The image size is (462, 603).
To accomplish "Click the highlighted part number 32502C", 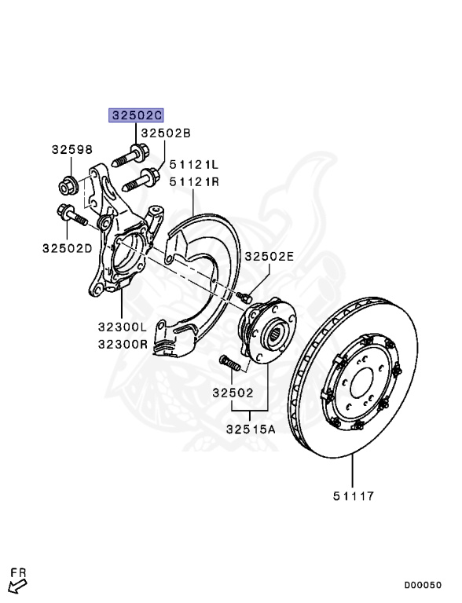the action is coord(136,115).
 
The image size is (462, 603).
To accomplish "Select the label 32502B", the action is coord(166,133).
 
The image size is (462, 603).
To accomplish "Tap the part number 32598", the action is coord(72,149).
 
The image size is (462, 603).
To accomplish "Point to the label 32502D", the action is coord(68,248).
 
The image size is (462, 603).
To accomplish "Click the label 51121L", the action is coord(193,165).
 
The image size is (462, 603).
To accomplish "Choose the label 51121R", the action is coord(194,181).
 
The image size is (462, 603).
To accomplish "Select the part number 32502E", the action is coord(269,256).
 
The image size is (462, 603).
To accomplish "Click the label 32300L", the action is coord(123,327).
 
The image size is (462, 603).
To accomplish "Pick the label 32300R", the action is coord(123,344).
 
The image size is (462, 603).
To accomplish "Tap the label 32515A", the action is coord(251,429).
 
